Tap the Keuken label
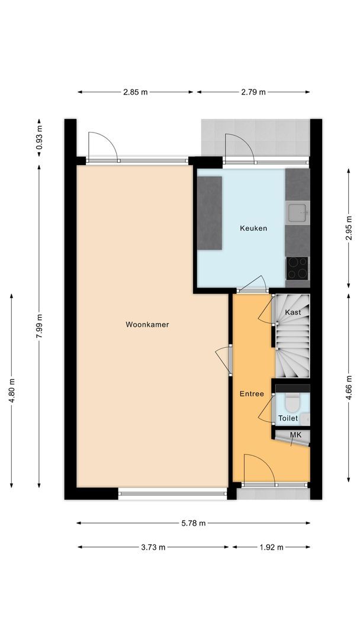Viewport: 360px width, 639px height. [253, 228]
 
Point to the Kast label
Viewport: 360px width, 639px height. [292, 312]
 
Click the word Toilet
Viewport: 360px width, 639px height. [288, 418]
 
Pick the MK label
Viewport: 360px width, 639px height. [295, 435]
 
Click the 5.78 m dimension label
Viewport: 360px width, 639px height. [194, 523]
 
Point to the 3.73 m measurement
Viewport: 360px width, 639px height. [153, 547]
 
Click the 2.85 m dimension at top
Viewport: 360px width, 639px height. [136, 92]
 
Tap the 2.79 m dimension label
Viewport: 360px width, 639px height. [253, 92]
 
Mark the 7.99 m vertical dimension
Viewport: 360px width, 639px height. [39, 326]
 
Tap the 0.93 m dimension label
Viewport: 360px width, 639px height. [39, 137]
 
